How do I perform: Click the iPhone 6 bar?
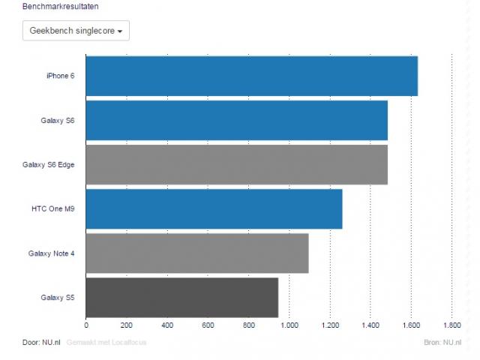251,76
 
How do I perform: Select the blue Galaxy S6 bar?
236,120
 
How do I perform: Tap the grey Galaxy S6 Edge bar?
236,164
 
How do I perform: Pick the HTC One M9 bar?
214,208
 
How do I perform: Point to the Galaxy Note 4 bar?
197,253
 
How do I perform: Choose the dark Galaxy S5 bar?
182,298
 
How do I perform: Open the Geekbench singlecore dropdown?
76,31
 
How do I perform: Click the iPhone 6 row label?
60,76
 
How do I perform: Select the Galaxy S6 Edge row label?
49,164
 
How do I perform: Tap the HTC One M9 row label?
53,208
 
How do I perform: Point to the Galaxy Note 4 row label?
52,253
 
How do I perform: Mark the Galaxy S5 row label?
58,298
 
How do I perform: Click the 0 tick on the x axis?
86,325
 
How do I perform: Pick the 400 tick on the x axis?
167,325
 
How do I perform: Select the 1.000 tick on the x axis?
289,325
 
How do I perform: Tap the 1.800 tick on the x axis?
451,325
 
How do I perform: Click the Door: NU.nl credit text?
41,343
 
